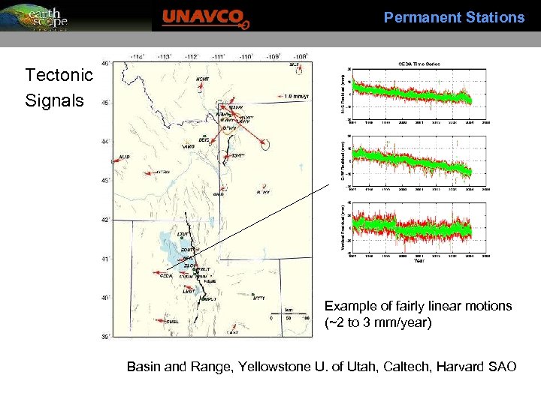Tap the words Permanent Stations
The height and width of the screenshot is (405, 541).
pos(454,17)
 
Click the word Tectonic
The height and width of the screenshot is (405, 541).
pos(59,75)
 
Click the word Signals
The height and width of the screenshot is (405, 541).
pos(54,100)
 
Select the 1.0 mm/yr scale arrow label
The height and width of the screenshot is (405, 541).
pos(298,96)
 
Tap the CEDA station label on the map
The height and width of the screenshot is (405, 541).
pos(167,275)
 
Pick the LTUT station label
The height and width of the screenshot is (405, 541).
pos(183,234)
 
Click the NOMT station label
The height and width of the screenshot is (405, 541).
pos(202,79)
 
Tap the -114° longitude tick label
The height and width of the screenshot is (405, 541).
pos(138,56)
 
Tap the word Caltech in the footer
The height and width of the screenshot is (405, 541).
pos(397,367)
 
